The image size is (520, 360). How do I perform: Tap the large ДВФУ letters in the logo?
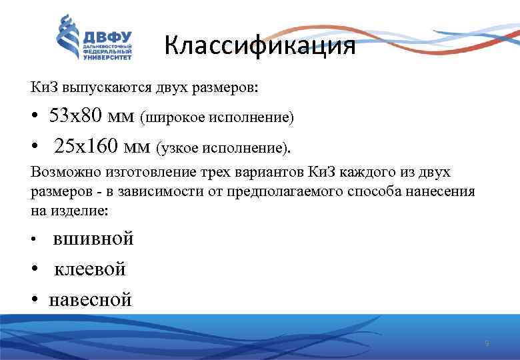pyautogui.click(x=107, y=37)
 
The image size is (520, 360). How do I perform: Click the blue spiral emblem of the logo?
pyautogui.click(x=67, y=39)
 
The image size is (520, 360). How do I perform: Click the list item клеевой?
pyautogui.click(x=89, y=269)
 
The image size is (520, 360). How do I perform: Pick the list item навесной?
pyautogui.click(x=91, y=300)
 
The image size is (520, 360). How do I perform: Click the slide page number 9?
pyautogui.click(x=487, y=344)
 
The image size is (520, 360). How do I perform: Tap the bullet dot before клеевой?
pyautogui.click(x=34, y=270)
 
